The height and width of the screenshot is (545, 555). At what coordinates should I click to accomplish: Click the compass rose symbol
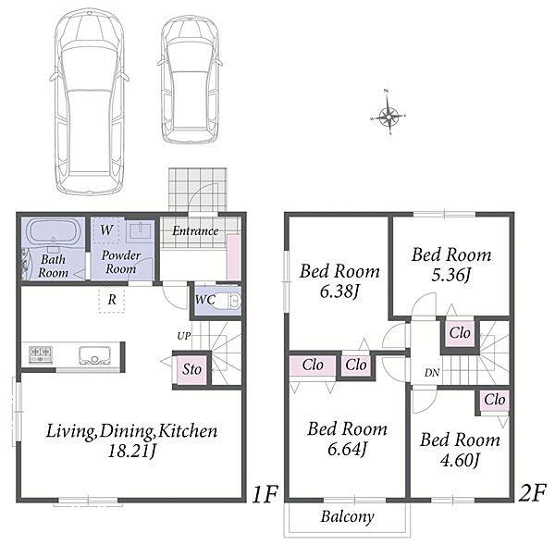(x=388, y=116)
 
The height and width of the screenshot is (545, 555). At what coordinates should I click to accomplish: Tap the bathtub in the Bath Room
(x=54, y=231)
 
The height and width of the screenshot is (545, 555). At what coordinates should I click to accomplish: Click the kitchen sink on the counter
(x=94, y=354)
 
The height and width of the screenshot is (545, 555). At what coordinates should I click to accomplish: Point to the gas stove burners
(x=41, y=353)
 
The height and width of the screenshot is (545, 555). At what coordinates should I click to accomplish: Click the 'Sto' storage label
(x=191, y=369)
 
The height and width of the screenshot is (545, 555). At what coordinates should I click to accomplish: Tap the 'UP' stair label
(x=184, y=336)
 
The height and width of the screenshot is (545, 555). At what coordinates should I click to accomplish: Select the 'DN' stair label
(x=432, y=373)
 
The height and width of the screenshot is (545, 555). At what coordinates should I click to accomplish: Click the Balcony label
(x=347, y=516)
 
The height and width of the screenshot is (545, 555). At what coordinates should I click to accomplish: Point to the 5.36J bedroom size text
(x=451, y=275)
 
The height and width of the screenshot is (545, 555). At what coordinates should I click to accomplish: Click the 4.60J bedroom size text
(x=460, y=460)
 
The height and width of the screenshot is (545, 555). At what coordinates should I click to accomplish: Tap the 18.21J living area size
(x=132, y=451)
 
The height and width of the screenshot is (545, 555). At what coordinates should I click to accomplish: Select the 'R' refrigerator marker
(x=112, y=300)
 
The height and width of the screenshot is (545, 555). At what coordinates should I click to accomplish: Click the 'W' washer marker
(x=106, y=230)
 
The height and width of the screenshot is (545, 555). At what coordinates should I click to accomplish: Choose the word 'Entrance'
(x=195, y=231)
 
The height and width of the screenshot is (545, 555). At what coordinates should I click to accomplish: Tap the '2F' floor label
(x=532, y=492)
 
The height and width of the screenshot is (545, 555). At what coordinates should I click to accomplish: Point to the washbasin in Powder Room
(x=141, y=230)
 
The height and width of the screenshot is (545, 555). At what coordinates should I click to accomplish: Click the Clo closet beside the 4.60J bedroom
(x=495, y=400)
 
